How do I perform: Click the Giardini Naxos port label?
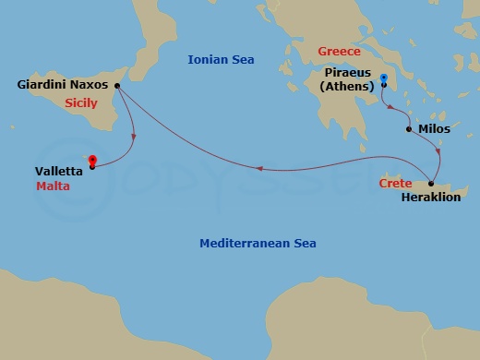63,85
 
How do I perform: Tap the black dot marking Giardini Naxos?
116,85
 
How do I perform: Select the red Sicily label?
82,104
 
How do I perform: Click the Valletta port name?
57,171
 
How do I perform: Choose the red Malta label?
53,186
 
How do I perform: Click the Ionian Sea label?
221,59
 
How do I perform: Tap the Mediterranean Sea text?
258,244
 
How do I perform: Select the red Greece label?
339,52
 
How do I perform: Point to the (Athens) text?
348,86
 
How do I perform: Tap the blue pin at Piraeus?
383,79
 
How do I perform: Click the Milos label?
434,130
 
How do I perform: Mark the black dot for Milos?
409,129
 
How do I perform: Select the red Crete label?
395,184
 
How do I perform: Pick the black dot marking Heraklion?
431,184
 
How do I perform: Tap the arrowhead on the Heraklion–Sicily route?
259,168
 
